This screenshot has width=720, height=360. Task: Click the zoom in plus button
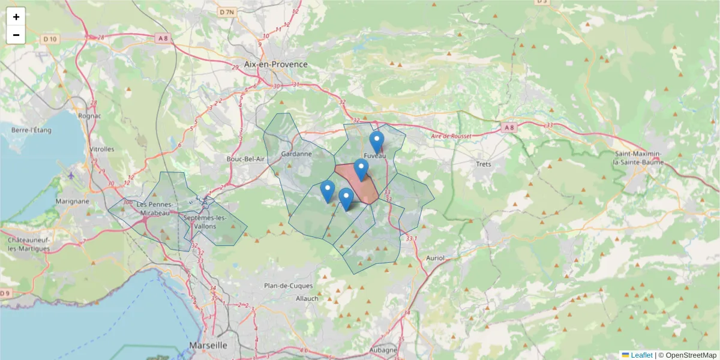click(x=16, y=17)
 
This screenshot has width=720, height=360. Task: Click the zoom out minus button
click(x=16, y=35)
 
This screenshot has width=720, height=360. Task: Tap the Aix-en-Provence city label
click(x=275, y=64)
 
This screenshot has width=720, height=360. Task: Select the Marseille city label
click(x=208, y=346)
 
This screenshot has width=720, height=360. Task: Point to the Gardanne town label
click(x=296, y=154)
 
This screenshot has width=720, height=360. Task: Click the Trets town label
click(x=482, y=164)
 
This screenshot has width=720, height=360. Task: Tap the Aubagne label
click(x=383, y=350)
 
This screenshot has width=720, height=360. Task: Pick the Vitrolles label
click(x=101, y=149)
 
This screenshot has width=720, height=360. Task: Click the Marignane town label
click(x=72, y=202)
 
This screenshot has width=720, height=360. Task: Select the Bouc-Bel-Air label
click(x=245, y=159)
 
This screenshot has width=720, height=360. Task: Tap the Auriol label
click(x=434, y=258)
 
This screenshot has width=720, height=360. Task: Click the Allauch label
click(x=308, y=298)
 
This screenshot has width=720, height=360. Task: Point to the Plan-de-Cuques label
click(x=286, y=286)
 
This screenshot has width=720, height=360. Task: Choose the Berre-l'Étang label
click(x=32, y=130)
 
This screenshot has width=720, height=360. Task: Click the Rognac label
click(x=89, y=115)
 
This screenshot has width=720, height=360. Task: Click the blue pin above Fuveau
click(x=376, y=142)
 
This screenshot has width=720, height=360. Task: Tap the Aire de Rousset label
click(x=451, y=136)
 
